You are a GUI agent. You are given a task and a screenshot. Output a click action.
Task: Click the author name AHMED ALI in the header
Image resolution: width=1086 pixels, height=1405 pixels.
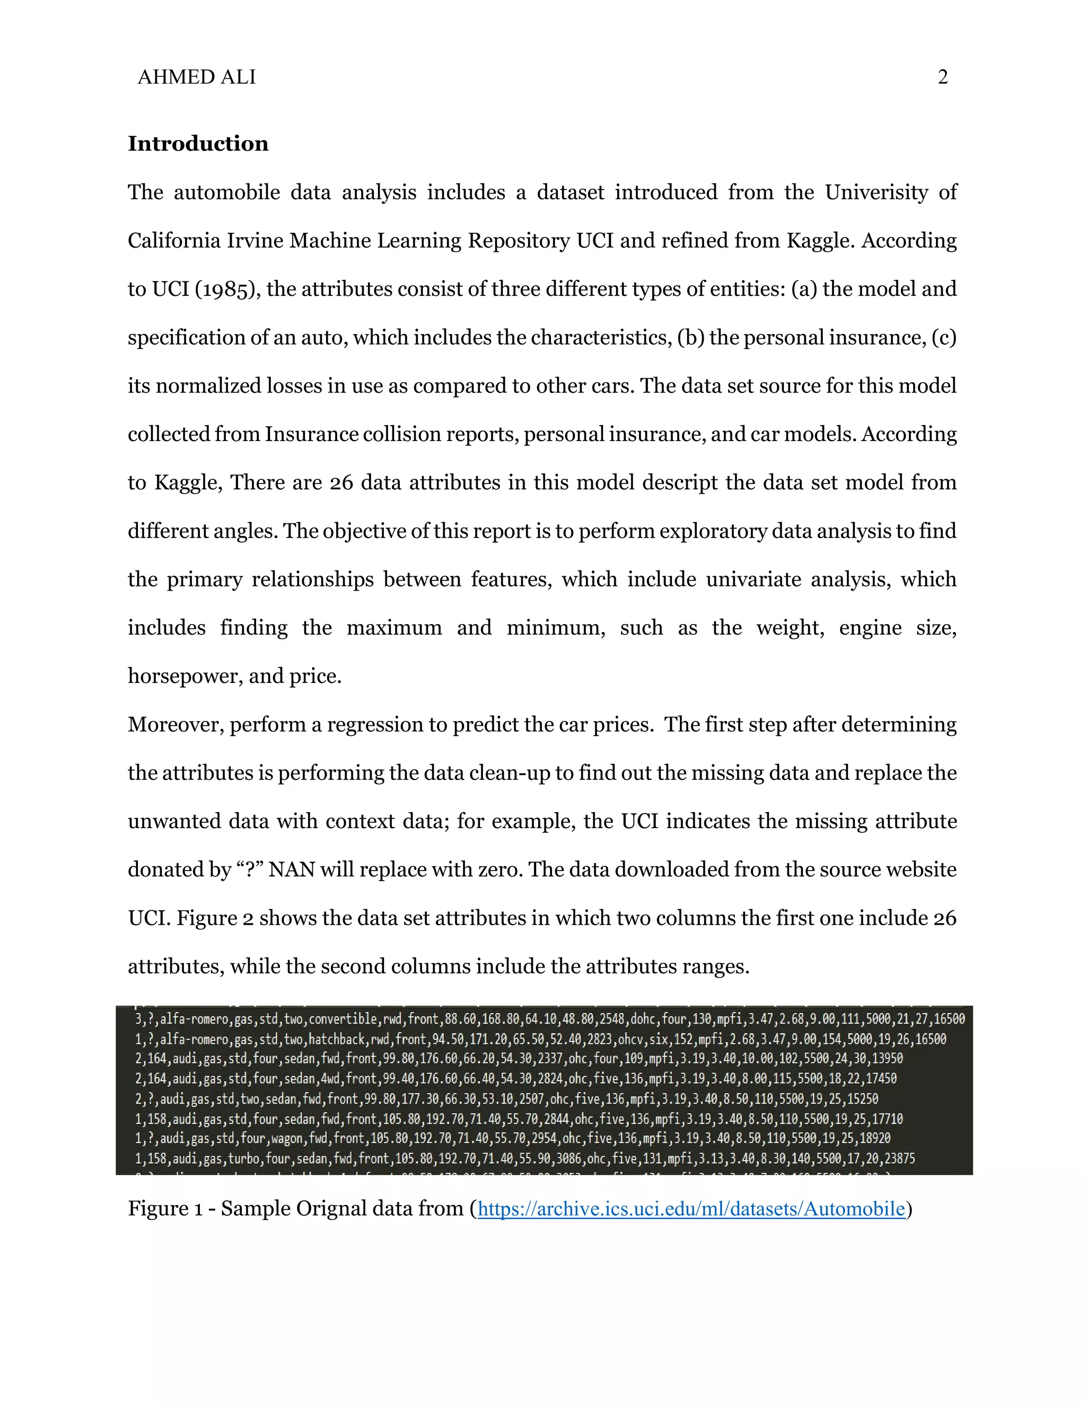tap(196, 77)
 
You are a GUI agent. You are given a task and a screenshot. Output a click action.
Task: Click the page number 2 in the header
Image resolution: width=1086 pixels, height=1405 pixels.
tap(942, 77)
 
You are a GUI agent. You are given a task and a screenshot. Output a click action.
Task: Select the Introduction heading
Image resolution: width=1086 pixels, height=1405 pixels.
tap(198, 144)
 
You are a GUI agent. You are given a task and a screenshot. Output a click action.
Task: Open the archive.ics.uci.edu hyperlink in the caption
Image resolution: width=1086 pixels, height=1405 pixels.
tap(691, 1209)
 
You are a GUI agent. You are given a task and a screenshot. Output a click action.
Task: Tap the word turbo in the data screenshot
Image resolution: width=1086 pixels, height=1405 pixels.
tap(244, 1158)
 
